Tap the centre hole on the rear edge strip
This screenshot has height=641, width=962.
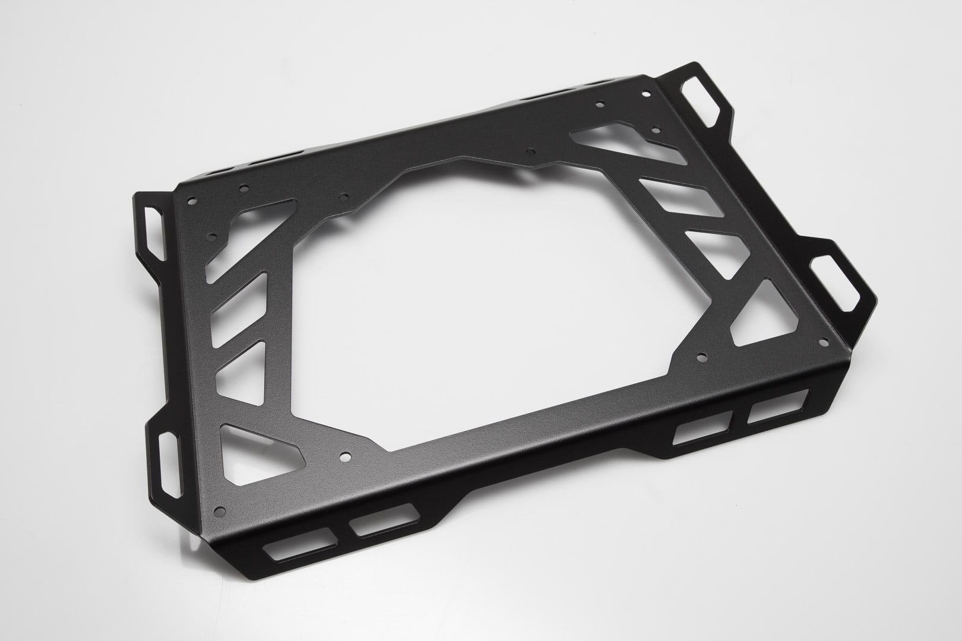(x=530, y=151)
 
